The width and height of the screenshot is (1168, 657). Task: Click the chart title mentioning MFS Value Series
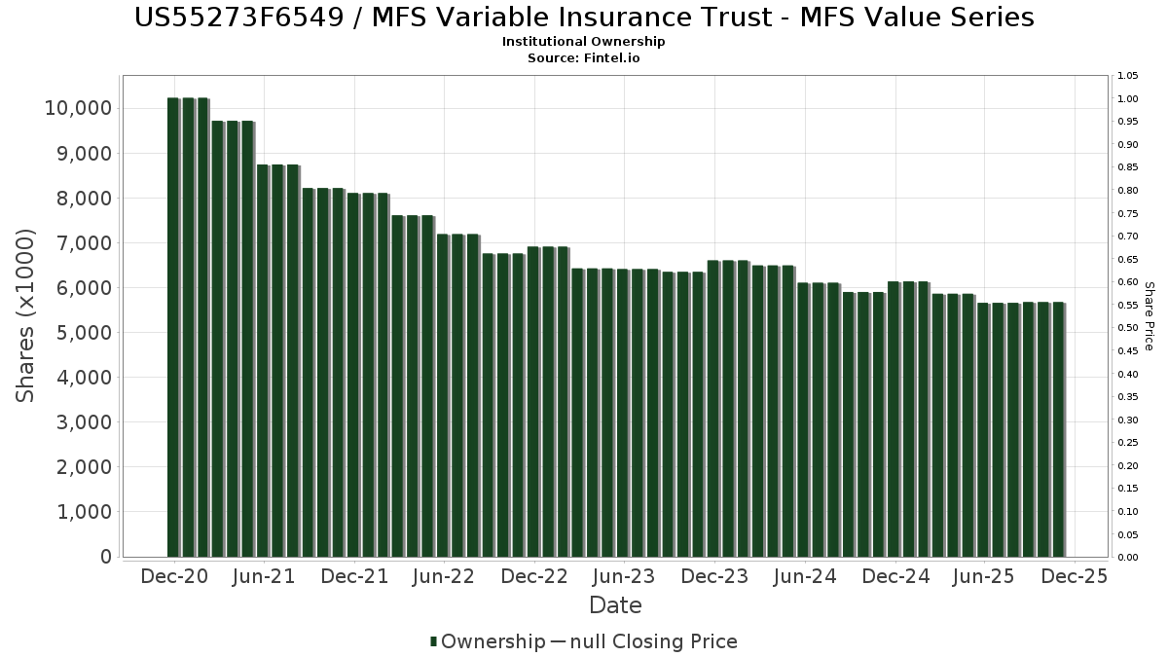coord(584,18)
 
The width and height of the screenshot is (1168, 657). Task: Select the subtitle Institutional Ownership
coord(584,42)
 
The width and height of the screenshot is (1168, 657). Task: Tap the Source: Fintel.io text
coord(584,57)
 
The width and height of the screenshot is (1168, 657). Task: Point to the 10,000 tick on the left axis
coord(79,108)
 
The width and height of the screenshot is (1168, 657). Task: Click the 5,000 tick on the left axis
coord(79,333)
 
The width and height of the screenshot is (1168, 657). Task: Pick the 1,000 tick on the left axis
coord(79,512)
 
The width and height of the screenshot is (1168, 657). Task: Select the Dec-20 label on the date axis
coord(174,576)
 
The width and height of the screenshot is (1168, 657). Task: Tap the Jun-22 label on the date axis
coord(444,576)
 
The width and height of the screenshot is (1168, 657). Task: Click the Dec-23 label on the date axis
coord(713,576)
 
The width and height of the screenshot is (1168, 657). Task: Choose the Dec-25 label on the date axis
coord(1074,576)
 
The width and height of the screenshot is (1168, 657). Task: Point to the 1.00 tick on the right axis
coord(1129,99)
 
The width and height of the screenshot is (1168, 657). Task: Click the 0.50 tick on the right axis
coord(1129,328)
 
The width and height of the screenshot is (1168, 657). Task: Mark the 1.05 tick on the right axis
coord(1129,76)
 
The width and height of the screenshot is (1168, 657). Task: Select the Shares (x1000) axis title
coord(26,315)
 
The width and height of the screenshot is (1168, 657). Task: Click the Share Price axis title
coord(1149,315)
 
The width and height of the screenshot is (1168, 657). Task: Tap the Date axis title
coord(615,605)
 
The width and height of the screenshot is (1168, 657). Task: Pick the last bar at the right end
coord(1058,429)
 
